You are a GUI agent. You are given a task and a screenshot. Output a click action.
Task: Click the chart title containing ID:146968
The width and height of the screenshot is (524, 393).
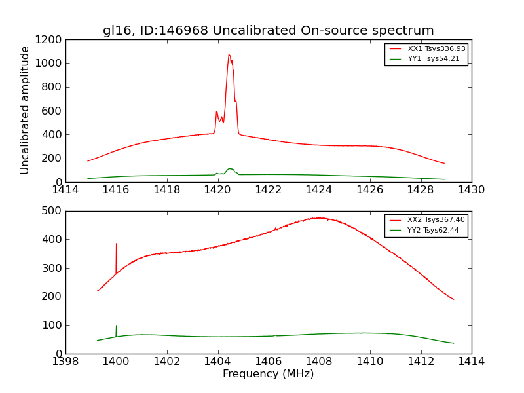(268, 30)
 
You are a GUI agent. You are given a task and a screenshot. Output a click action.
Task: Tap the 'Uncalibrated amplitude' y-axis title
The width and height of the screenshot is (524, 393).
(25, 110)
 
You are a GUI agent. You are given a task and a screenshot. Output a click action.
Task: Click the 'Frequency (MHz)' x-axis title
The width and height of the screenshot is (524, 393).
(268, 374)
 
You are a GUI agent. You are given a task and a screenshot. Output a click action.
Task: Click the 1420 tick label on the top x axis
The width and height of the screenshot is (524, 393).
(217, 190)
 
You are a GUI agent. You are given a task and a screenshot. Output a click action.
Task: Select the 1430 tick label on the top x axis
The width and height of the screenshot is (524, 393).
(471, 190)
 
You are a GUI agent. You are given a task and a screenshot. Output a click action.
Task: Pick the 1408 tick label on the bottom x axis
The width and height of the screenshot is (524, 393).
(319, 362)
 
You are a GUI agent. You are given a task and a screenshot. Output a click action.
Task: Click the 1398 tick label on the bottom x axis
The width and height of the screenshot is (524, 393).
(65, 362)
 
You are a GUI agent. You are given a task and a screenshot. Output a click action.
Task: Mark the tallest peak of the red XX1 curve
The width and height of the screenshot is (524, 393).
(229, 55)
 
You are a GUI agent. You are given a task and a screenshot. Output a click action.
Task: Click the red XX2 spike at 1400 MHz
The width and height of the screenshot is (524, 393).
(117, 244)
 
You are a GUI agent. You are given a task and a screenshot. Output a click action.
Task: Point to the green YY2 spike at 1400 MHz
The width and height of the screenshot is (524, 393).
(117, 326)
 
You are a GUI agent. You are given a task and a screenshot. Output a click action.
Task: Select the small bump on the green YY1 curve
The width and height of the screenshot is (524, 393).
(230, 169)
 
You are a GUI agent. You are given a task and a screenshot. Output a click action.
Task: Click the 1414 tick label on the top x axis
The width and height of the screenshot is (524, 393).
(65, 190)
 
